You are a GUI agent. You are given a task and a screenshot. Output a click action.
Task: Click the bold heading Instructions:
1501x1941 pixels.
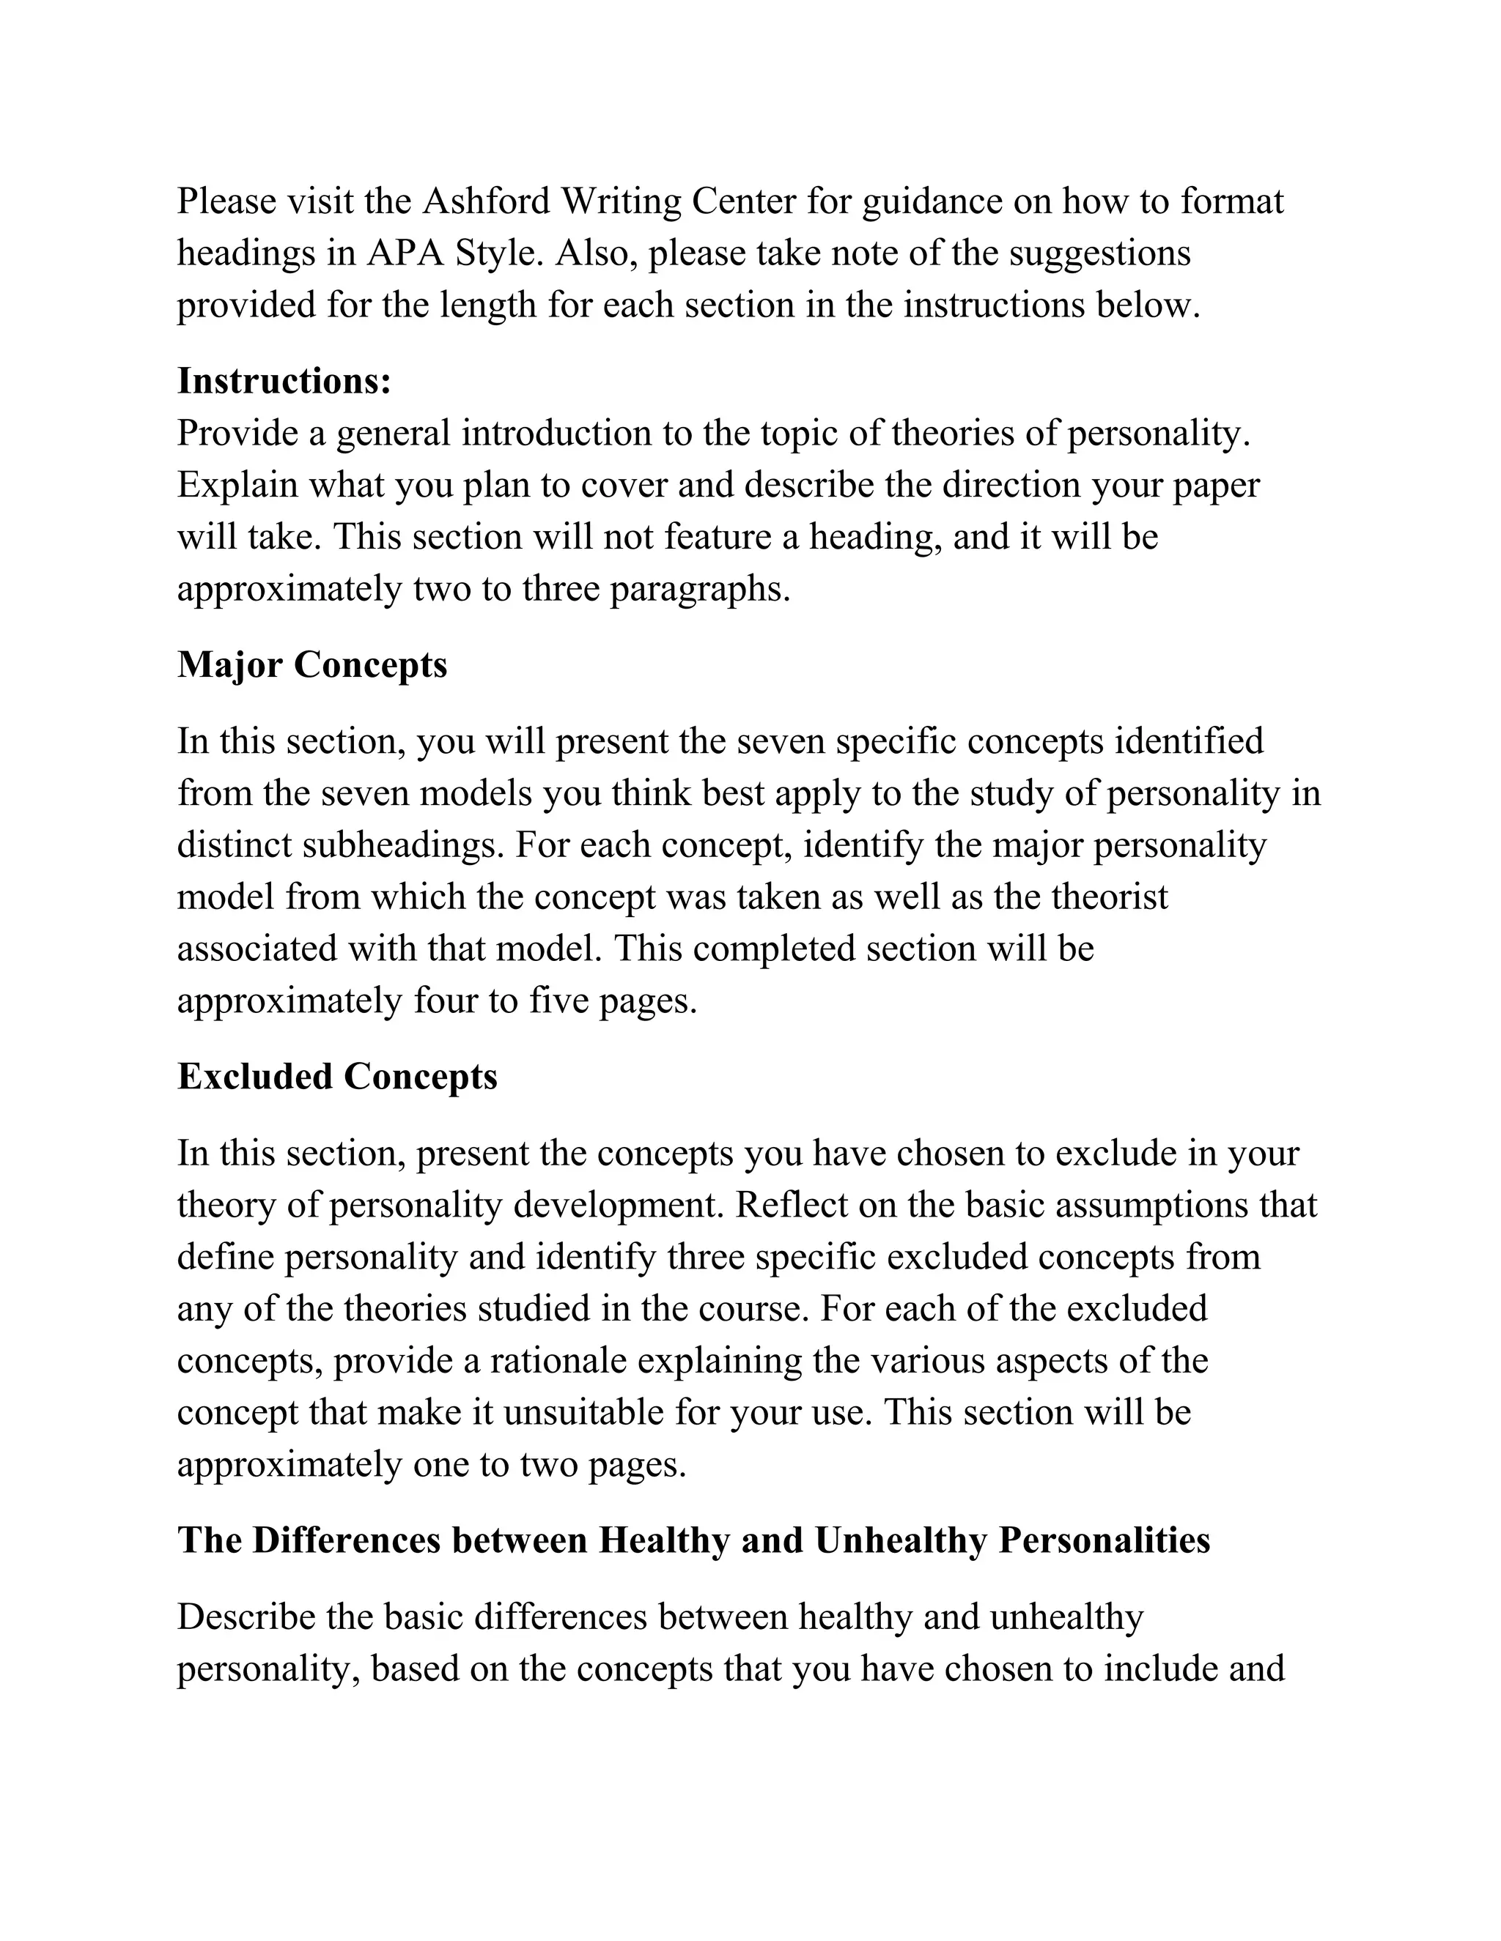[x=284, y=382]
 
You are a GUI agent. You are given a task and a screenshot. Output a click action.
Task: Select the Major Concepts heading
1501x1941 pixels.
[x=312, y=665]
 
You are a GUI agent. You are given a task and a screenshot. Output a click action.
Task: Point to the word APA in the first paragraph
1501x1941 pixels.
[x=405, y=253]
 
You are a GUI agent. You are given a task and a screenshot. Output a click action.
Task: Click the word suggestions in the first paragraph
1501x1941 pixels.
[x=1100, y=253]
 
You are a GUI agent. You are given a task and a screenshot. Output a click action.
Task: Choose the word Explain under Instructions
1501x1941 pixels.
[x=237, y=485]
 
